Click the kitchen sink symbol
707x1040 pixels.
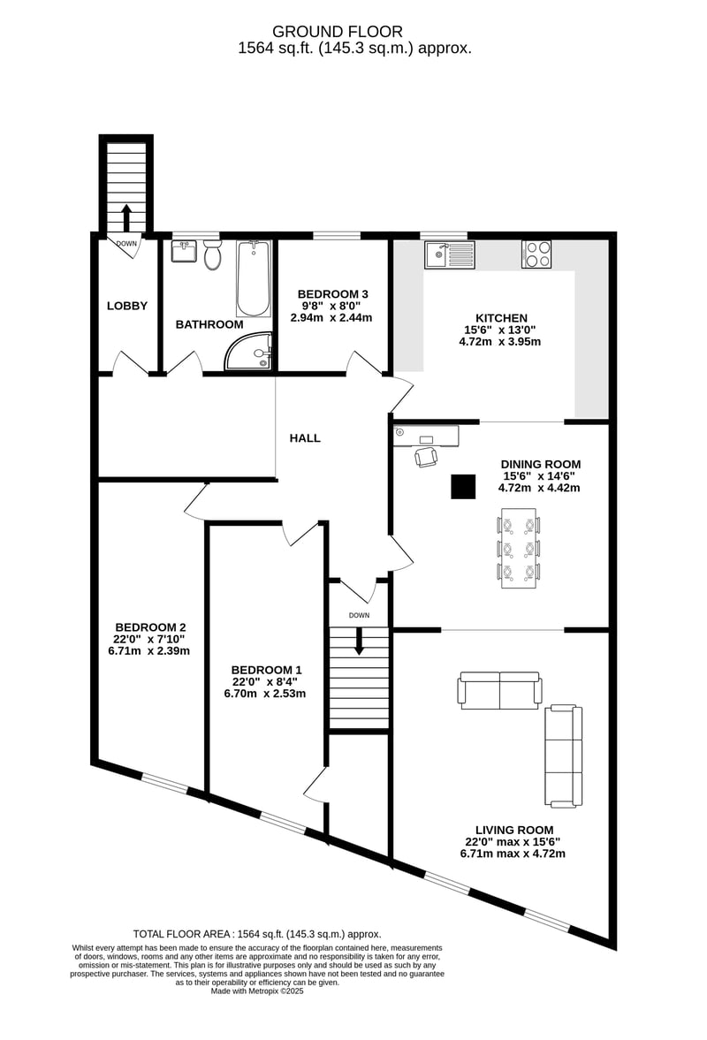(x=451, y=254)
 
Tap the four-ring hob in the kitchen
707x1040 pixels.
(x=536, y=254)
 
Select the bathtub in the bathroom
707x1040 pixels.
(x=254, y=279)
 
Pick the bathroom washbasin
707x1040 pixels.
(x=184, y=251)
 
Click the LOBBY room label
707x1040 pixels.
(x=127, y=306)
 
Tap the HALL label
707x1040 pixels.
(x=305, y=437)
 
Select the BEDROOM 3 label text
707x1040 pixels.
(x=333, y=294)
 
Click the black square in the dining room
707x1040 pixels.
(x=464, y=486)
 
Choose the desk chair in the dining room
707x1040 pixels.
(x=427, y=457)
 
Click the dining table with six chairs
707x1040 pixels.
(x=519, y=548)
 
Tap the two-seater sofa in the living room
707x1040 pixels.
(x=499, y=690)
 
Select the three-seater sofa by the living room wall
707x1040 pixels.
(x=564, y=756)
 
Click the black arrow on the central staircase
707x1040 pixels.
(x=359, y=641)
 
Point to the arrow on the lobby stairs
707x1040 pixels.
(x=126, y=216)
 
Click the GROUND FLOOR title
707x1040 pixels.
(x=338, y=31)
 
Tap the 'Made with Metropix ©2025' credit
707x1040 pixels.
(x=257, y=991)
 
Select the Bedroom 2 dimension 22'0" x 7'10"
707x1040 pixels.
(x=149, y=639)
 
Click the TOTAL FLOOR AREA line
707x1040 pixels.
(x=257, y=934)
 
